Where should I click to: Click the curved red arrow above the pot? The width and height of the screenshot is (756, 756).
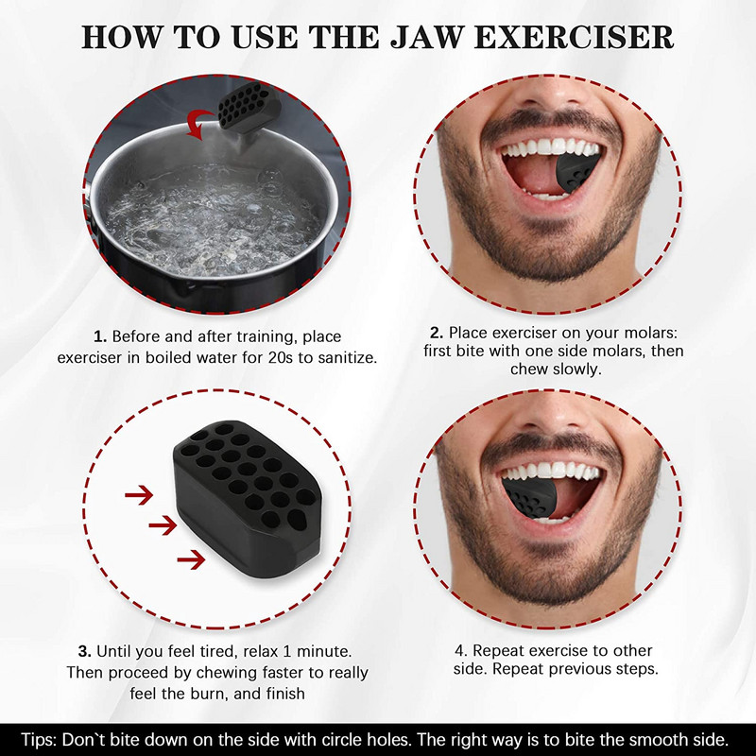(202, 123)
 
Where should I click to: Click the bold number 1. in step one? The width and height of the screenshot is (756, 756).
(100, 336)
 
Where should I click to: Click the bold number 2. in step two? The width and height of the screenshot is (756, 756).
(437, 333)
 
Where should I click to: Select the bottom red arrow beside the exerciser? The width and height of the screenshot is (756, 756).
(191, 560)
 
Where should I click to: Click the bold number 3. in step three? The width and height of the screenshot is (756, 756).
(85, 651)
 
